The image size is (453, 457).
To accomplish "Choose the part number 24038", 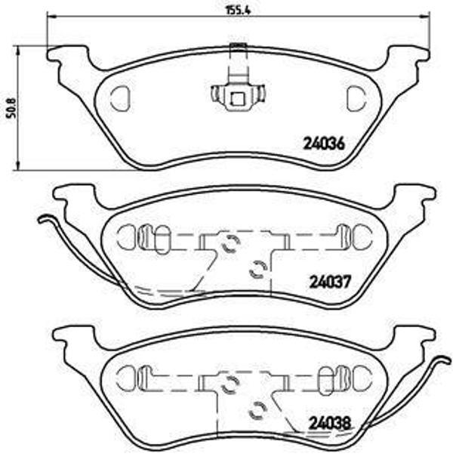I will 330,425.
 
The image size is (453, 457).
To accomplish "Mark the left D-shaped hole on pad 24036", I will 120,97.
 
